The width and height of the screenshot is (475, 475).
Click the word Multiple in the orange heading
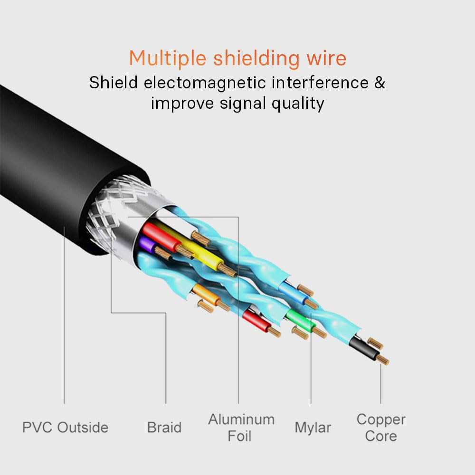pyautogui.click(x=167, y=58)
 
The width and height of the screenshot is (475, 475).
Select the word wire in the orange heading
pyautogui.click(x=326, y=58)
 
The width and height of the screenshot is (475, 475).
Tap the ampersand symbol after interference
pyautogui.click(x=380, y=83)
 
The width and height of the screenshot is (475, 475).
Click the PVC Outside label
pyautogui.click(x=65, y=427)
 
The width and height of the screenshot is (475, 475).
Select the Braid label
pyautogui.click(x=164, y=427)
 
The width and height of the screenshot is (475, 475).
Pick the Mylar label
pyautogui.click(x=313, y=427)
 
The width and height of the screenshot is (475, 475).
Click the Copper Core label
pyautogui.click(x=381, y=427)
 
